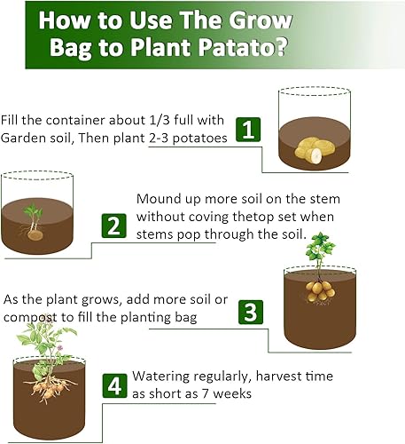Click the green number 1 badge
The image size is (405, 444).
coord(250,130)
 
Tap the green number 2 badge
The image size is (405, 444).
coord(112,225)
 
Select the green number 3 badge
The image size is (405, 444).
coord(251,312)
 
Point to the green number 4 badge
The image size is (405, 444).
coord(113,386)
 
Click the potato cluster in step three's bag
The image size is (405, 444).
coord(318,289)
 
